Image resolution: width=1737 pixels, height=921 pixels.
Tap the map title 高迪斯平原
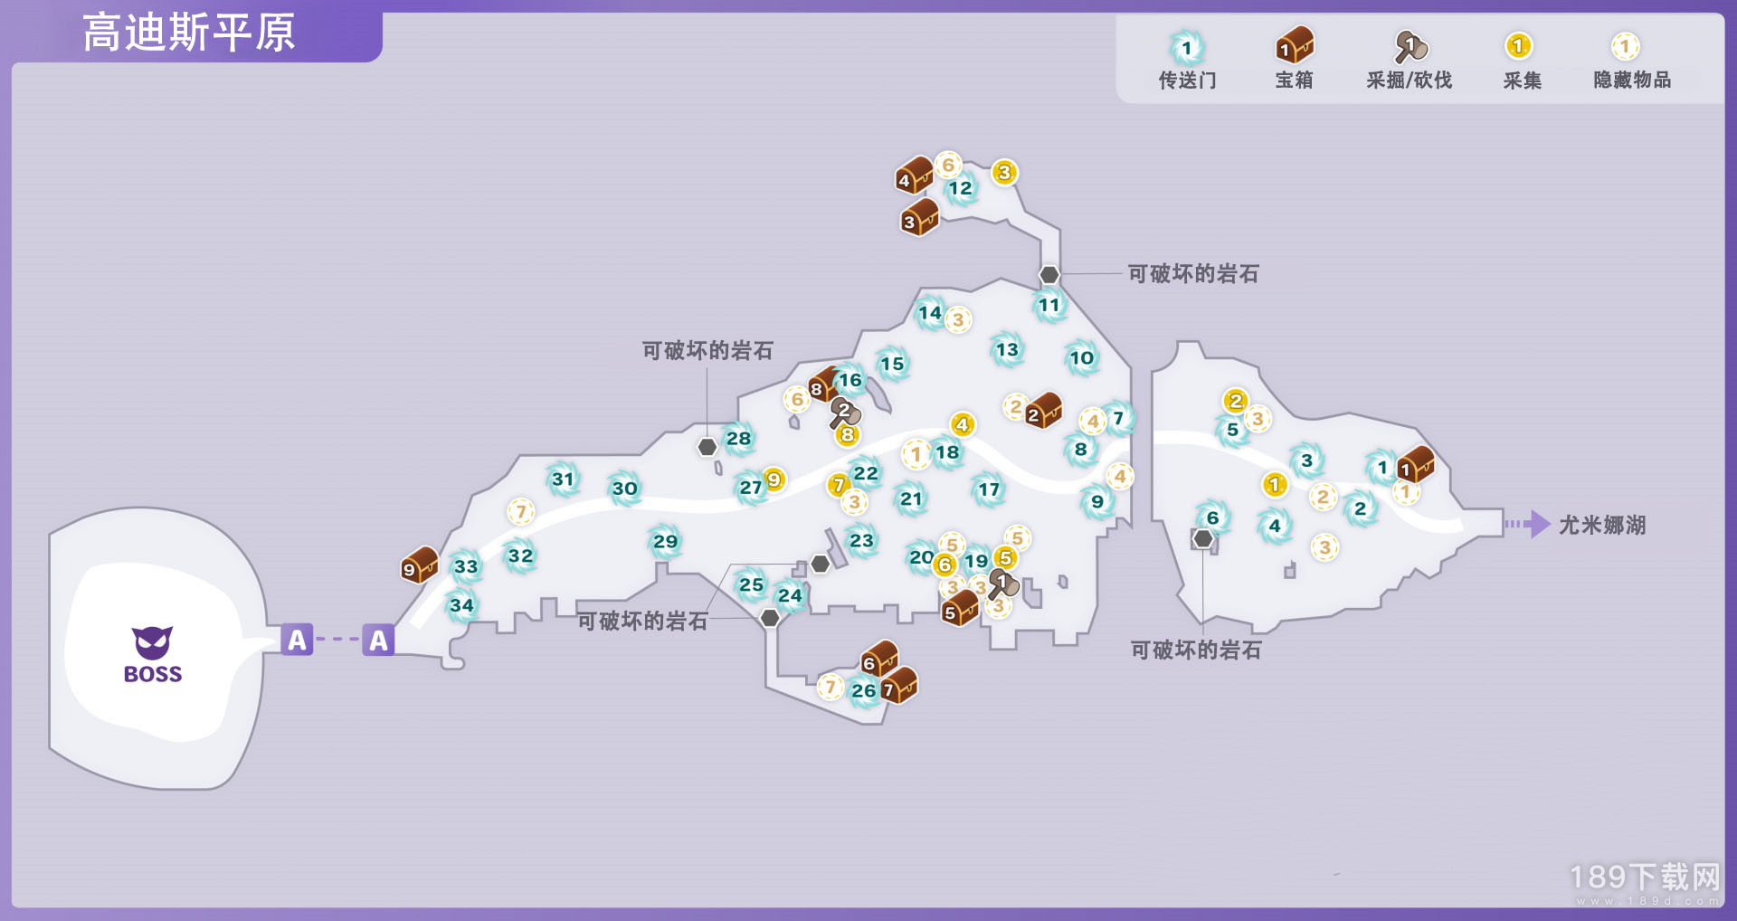coord(189,33)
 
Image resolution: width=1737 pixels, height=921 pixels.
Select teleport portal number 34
coord(461,605)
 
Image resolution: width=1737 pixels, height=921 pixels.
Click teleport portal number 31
coord(563,479)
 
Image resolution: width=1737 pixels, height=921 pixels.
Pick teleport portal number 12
coord(960,188)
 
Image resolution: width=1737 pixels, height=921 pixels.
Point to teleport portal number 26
coord(864,691)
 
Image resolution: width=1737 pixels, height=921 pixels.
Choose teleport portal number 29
coord(665,541)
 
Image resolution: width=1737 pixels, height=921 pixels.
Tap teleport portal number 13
coord(1007,350)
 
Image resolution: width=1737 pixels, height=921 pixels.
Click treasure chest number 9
coord(420,565)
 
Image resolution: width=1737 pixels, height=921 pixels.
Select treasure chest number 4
coord(914,176)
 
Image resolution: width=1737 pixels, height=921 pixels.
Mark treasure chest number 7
coord(899,686)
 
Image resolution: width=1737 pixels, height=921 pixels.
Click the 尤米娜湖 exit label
coord(1601,525)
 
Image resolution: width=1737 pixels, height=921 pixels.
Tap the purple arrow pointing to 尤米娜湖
coord(1528,524)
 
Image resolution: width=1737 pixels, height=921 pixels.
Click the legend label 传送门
coord(1187,81)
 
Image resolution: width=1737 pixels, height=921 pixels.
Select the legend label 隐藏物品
coord(1632,81)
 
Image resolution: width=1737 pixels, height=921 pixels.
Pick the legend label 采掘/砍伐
coord(1409,81)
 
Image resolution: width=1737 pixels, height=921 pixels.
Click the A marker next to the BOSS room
coord(297,640)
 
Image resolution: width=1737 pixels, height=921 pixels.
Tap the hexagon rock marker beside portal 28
coord(707,447)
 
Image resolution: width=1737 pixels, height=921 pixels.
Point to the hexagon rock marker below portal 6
coord(1202,539)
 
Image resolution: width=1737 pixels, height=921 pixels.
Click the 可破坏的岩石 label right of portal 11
coord(1193,274)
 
